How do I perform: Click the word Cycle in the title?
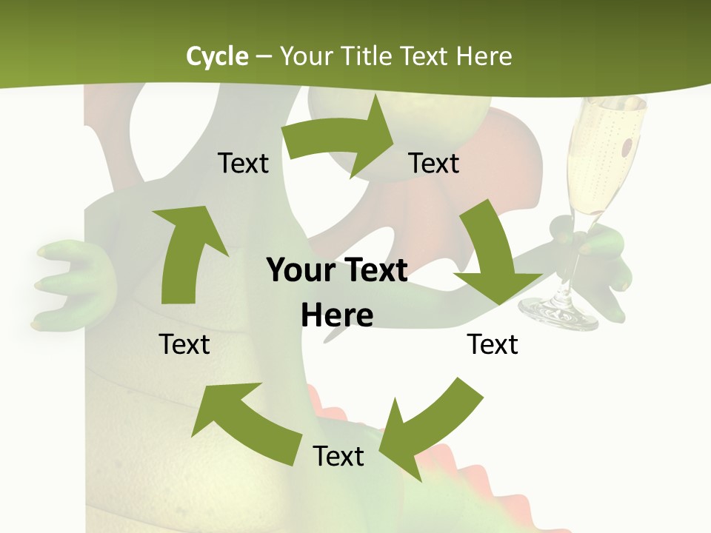pos(217,56)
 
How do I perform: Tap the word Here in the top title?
pos(484,56)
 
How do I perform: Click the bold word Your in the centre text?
pos(295,270)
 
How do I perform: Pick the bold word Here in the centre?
pos(337,315)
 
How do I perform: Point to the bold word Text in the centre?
pos(373,270)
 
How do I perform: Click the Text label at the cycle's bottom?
pos(338,456)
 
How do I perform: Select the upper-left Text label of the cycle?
pos(243,163)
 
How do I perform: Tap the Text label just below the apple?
pos(434,163)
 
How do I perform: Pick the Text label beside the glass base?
pos(493,344)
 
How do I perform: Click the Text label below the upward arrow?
pos(184,344)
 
